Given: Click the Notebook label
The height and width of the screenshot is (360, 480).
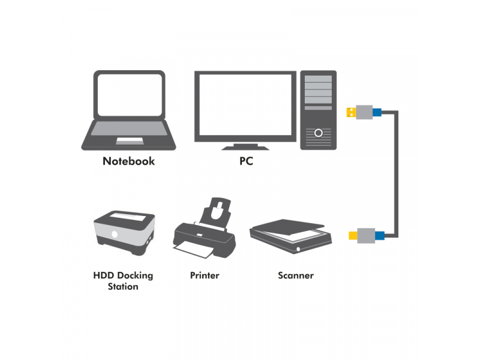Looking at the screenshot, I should pyautogui.click(x=128, y=161).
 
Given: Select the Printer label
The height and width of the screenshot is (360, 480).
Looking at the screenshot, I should pyautogui.click(x=205, y=275).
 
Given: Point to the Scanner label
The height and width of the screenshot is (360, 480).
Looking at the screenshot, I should pyautogui.click(x=296, y=275).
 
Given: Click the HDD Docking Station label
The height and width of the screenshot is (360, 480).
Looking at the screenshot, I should pyautogui.click(x=123, y=281).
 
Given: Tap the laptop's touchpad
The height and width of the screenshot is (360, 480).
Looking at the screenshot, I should pyautogui.click(x=130, y=141).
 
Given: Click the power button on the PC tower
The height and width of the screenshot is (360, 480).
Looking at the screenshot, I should pyautogui.click(x=319, y=132).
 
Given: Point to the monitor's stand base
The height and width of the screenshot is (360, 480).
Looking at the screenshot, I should pyautogui.click(x=245, y=146).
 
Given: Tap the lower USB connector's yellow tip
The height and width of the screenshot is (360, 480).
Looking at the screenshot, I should pyautogui.click(x=353, y=234).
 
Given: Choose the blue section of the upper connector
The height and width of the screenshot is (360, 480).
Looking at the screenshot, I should pyautogui.click(x=377, y=112).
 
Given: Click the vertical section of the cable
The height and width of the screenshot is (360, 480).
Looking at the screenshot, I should pyautogui.click(x=396, y=174).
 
